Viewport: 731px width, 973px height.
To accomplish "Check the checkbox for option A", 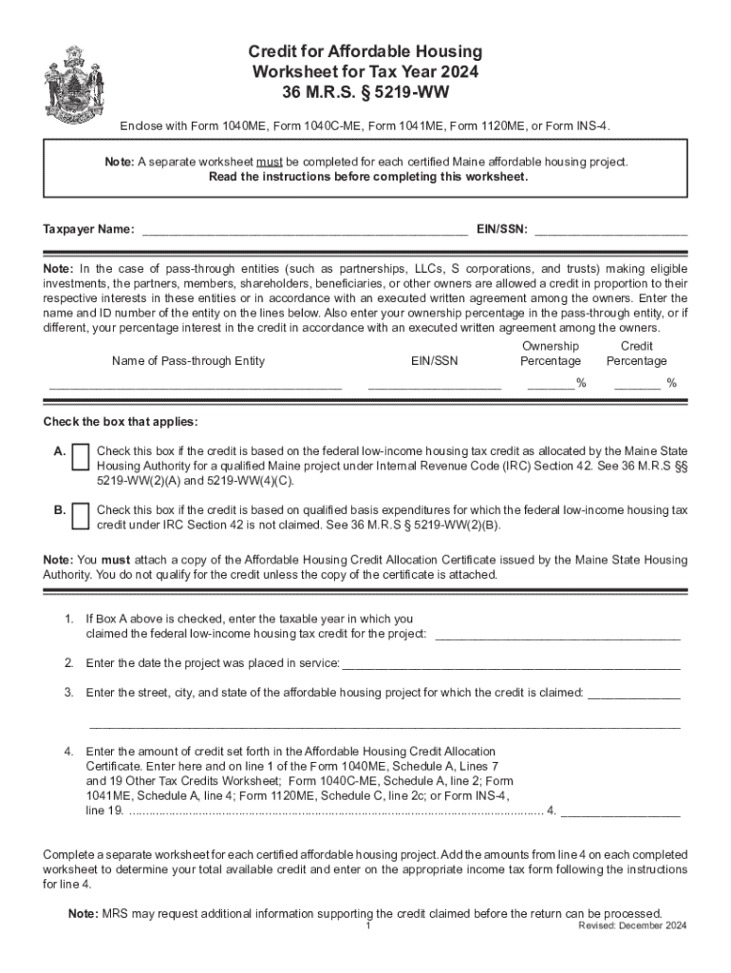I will click(81, 457).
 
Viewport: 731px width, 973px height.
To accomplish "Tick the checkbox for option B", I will click(81, 513).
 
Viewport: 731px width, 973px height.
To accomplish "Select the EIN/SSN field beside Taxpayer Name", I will click(611, 228).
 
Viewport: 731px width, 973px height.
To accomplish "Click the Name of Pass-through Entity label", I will click(188, 361).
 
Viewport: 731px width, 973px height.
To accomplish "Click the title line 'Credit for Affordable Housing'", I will click(365, 51).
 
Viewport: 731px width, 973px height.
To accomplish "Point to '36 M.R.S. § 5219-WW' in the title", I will click(365, 93).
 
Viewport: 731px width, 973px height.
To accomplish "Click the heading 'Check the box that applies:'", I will click(121, 422).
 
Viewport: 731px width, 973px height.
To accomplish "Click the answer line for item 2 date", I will click(510, 662).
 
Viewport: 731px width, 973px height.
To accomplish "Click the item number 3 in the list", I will click(69, 693).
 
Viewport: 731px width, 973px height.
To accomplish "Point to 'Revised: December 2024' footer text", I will click(633, 925).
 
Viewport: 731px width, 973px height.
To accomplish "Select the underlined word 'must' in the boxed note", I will click(281, 162).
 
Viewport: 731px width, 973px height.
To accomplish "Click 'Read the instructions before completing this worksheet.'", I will click(365, 177).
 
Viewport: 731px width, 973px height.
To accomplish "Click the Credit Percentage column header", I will click(636, 353).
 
